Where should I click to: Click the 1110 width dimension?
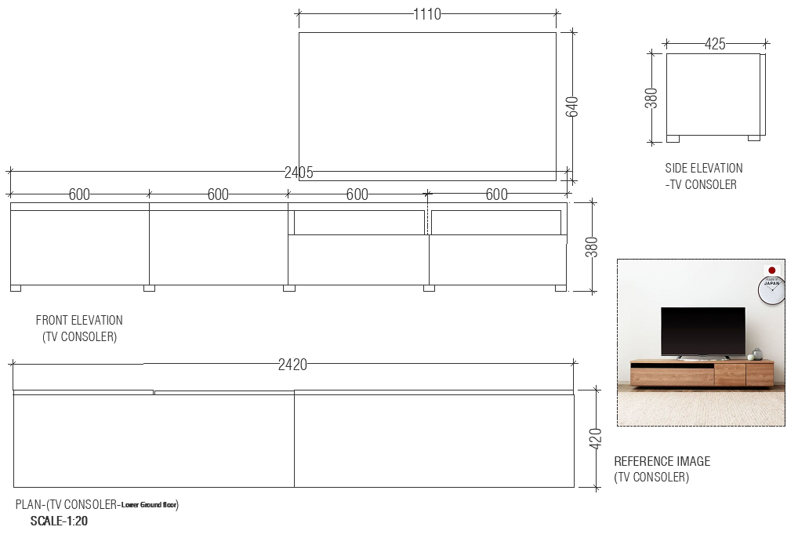click(x=427, y=13)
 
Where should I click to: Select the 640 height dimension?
click(x=572, y=107)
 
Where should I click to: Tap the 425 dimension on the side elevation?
click(x=715, y=45)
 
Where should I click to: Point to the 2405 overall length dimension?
click(x=299, y=173)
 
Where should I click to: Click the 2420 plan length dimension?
click(x=292, y=365)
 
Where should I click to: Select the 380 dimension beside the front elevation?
click(x=592, y=246)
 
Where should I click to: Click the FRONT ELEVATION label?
click(x=79, y=320)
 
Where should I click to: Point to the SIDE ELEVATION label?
click(x=703, y=168)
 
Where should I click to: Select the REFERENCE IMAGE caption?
click(x=662, y=461)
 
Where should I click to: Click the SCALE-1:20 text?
click(x=59, y=521)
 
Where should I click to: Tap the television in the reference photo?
click(x=702, y=331)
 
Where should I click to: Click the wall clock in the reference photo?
click(x=771, y=290)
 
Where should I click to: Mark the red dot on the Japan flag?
click(x=772, y=268)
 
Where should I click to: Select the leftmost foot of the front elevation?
click(x=16, y=288)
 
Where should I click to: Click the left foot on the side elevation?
click(x=673, y=139)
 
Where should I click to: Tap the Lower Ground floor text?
click(x=150, y=505)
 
